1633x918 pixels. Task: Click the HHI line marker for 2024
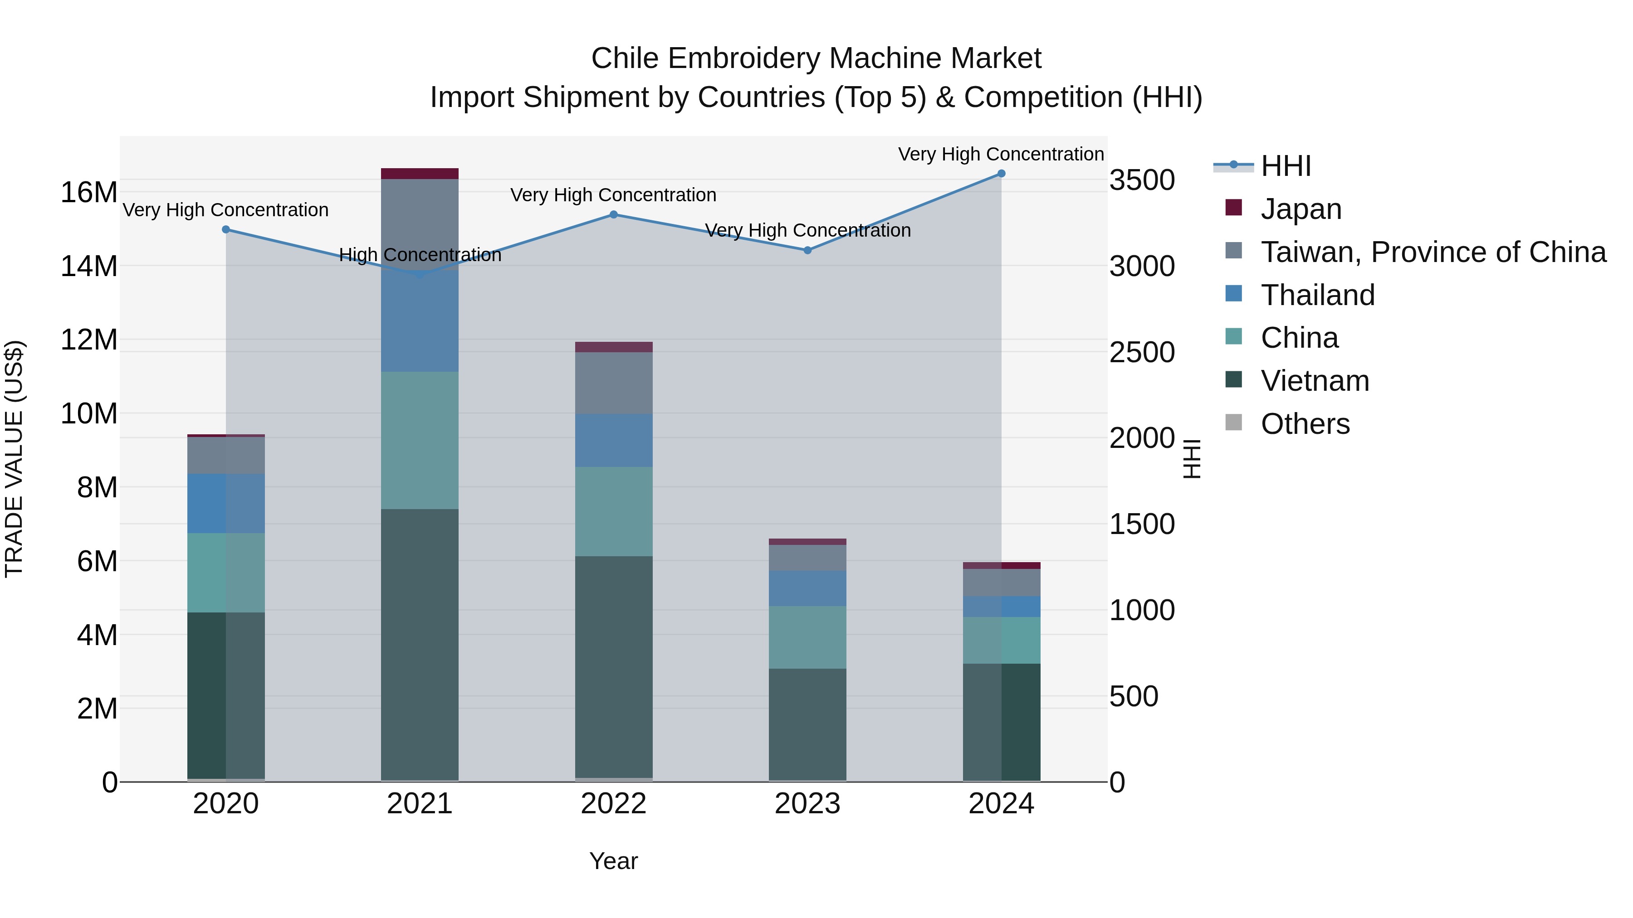(1001, 174)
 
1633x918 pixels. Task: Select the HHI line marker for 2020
(226, 229)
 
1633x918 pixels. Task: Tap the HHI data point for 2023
(807, 250)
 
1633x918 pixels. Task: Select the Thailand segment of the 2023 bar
(807, 588)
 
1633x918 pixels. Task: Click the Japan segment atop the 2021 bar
(419, 174)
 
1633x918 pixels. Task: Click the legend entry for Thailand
(1317, 295)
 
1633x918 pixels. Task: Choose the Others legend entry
(1305, 424)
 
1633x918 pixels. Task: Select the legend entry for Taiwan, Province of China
(1433, 252)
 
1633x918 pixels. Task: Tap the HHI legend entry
(1285, 166)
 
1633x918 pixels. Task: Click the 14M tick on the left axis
(89, 266)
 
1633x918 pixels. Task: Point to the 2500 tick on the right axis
(1142, 352)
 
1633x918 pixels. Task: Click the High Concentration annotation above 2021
(420, 255)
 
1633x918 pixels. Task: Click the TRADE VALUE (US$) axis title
(14, 459)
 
